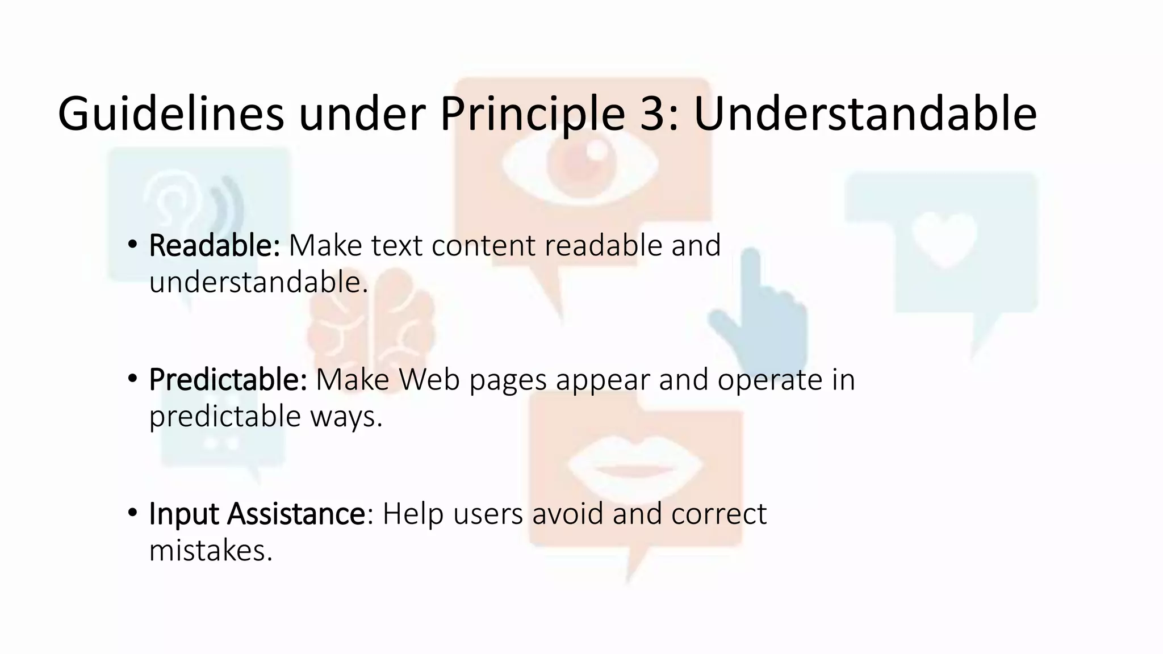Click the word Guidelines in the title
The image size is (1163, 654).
click(x=170, y=114)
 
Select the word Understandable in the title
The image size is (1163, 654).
click(x=865, y=114)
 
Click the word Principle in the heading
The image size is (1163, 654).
click(x=532, y=114)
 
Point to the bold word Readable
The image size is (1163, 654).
click(x=214, y=246)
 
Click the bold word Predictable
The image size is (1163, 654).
click(x=227, y=380)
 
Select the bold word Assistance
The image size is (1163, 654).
click(x=296, y=514)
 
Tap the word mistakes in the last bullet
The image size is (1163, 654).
click(x=210, y=550)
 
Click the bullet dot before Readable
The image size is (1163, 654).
click(x=132, y=245)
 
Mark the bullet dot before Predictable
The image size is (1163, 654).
click(x=132, y=379)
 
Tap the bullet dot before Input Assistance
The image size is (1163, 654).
click(x=132, y=513)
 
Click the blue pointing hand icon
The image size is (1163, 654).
click(x=761, y=318)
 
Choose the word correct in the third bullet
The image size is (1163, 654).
click(x=718, y=514)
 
